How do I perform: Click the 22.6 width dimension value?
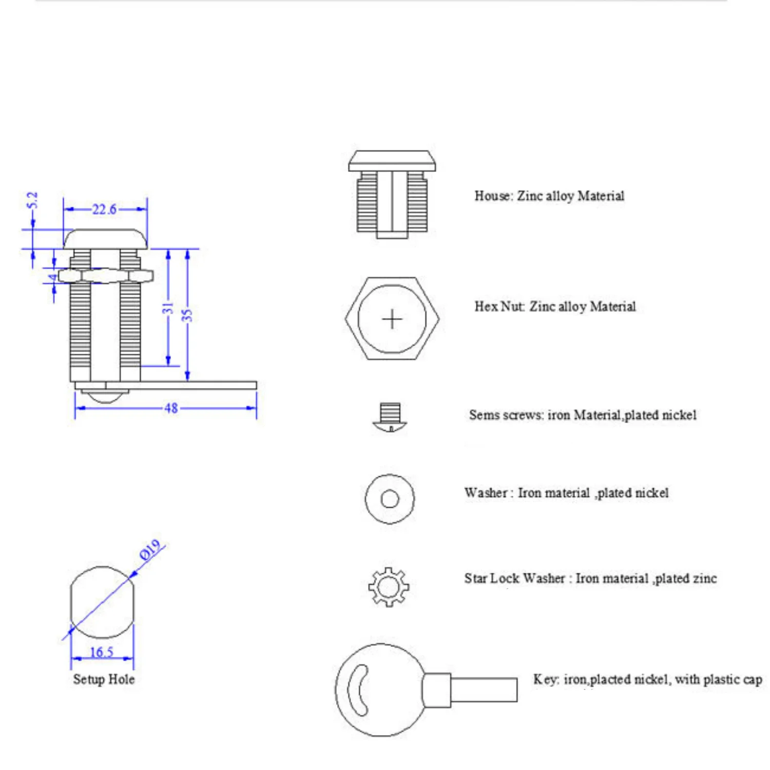tap(104, 209)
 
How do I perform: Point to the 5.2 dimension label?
tap(32, 200)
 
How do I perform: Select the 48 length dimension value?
tap(171, 408)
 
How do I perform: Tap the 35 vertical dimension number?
tap(187, 315)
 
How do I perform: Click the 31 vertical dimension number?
tap(168, 308)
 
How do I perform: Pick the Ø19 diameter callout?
tap(150, 550)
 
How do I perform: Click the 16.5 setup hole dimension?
tap(102, 652)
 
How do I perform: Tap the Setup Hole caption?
tap(104, 679)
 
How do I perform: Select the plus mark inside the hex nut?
tap(392, 319)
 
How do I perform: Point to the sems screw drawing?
tap(390, 417)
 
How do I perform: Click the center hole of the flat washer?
tap(390, 498)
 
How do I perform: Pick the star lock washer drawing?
tap(389, 587)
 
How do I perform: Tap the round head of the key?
tap(380, 690)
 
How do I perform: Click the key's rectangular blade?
tap(484, 689)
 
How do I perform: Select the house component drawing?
tap(392, 195)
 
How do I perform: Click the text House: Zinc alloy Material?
tap(549, 196)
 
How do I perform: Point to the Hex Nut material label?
tap(554, 306)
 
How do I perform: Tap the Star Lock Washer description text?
tap(590, 579)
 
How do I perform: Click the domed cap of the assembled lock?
tap(105, 239)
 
